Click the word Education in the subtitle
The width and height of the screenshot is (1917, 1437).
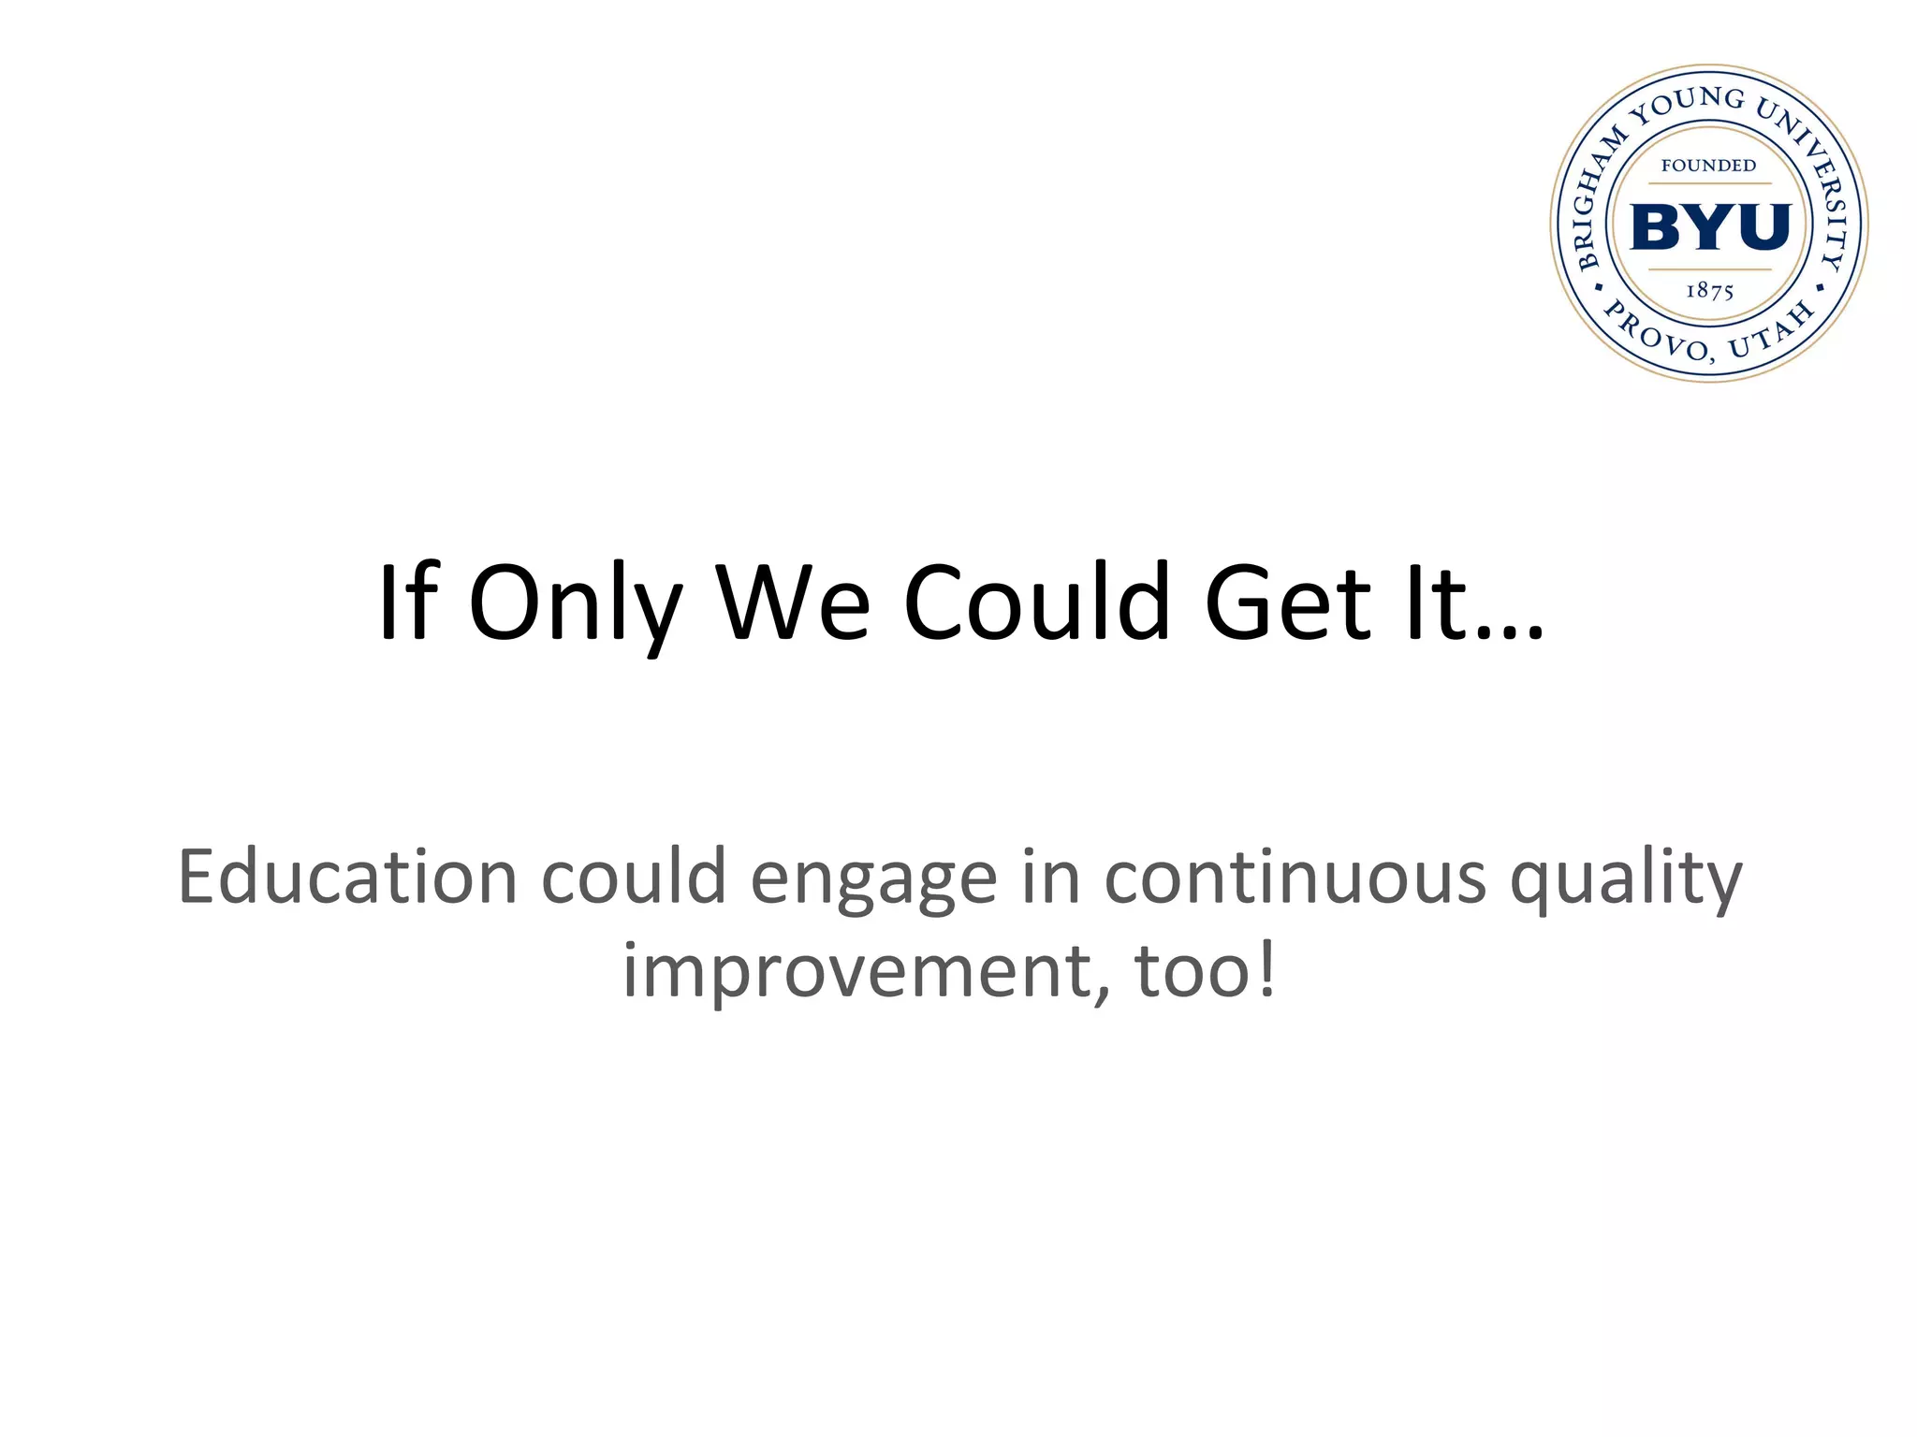tap(347, 878)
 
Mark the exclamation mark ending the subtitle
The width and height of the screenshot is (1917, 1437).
tap(1266, 969)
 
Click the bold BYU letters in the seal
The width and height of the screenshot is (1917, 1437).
tap(1710, 227)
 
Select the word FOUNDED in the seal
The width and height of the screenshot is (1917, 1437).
tap(1708, 166)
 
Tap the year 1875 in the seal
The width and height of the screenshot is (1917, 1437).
tap(1710, 291)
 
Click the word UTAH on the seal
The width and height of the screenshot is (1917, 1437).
tap(1771, 331)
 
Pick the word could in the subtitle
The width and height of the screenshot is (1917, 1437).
tap(634, 878)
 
